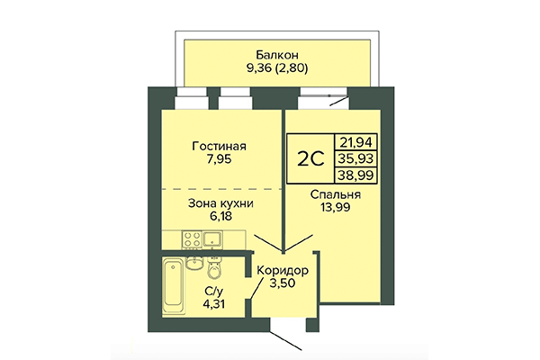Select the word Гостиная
[220, 147]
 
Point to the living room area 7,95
[220, 163]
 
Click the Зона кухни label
[220, 203]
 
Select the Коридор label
[283, 270]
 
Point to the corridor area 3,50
[283, 285]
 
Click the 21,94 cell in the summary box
[353, 140]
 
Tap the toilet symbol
[213, 269]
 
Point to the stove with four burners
[192, 240]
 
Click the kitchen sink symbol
[214, 239]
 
